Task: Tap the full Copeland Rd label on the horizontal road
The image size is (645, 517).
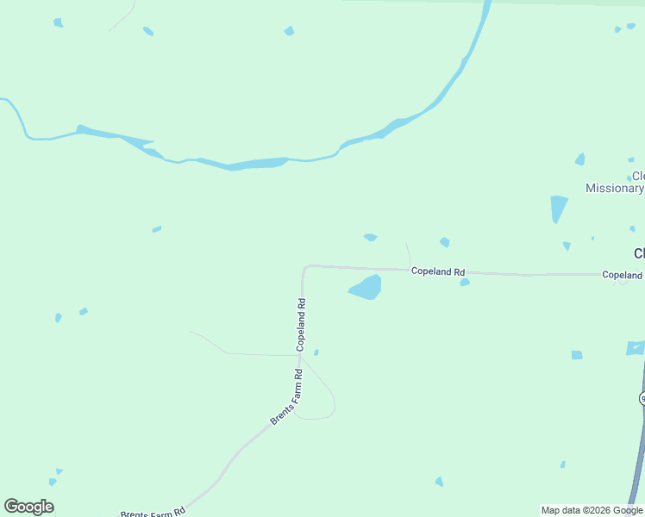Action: [438, 271]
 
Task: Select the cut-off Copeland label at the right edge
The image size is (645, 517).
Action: [623, 275]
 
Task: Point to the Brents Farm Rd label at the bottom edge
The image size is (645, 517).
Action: [153, 513]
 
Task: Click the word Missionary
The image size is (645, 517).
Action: [614, 189]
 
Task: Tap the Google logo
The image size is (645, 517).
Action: [28, 507]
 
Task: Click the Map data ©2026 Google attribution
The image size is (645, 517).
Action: [592, 510]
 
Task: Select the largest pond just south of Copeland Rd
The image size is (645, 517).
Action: [366, 288]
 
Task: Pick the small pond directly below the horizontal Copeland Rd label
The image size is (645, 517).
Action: [465, 282]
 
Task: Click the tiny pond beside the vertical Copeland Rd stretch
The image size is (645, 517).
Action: [316, 352]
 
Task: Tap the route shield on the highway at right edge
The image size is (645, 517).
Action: [642, 398]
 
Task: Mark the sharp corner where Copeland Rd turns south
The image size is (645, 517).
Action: [304, 268]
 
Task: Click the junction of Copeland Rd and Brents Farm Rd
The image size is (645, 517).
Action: [300, 355]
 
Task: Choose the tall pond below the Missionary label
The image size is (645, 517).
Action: [558, 209]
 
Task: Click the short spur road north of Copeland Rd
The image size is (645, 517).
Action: [408, 254]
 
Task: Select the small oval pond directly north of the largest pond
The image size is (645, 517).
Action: [370, 237]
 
